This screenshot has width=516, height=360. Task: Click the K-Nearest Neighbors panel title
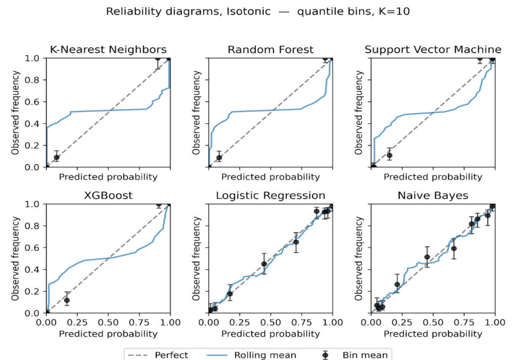(108, 49)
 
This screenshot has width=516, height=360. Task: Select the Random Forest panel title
(271, 49)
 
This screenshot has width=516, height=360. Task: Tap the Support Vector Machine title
(433, 49)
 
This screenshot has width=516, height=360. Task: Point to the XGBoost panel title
(108, 195)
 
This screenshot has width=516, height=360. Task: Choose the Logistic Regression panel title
(271, 195)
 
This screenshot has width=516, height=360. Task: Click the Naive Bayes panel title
(433, 195)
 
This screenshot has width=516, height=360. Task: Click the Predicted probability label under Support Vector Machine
(433, 177)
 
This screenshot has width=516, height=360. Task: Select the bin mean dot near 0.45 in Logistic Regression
(264, 264)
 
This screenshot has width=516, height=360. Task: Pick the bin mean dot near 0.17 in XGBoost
(67, 300)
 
